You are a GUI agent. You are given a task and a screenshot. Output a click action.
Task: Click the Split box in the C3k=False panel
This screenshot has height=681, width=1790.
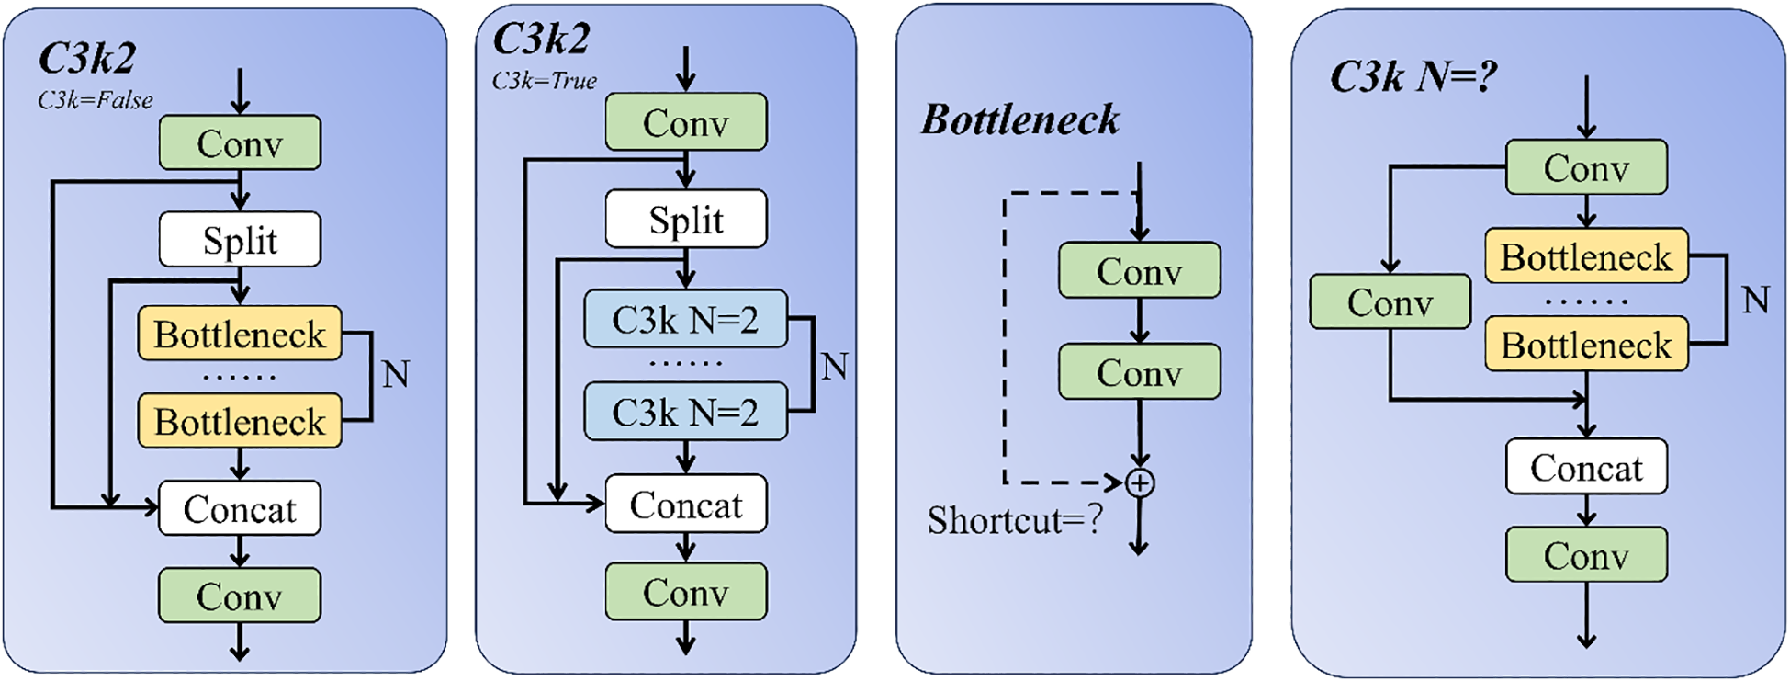240,240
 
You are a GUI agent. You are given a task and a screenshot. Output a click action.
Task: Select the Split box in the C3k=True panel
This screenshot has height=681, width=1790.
686,220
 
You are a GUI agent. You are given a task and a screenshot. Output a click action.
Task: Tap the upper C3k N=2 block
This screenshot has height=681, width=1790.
685,320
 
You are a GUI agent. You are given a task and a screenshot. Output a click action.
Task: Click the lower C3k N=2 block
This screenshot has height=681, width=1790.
685,412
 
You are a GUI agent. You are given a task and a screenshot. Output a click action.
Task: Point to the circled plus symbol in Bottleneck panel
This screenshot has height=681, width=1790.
1140,482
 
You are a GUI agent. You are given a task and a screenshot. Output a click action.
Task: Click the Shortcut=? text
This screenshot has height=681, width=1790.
1014,520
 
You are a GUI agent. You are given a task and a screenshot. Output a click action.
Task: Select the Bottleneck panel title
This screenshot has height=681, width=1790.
1020,119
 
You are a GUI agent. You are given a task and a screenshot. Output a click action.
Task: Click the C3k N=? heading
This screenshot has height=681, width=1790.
1413,76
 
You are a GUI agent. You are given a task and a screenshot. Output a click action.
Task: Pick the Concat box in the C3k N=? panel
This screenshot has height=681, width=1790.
1586,467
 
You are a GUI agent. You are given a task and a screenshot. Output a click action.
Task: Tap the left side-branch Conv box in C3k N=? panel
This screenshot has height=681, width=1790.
1390,302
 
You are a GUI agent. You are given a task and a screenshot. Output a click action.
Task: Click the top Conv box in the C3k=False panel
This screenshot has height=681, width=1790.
240,143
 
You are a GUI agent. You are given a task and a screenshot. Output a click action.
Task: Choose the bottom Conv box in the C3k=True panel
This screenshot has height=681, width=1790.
686,592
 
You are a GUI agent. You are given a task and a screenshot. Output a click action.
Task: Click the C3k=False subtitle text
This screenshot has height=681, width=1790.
95,100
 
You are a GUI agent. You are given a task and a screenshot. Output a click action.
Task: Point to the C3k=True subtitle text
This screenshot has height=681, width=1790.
545,81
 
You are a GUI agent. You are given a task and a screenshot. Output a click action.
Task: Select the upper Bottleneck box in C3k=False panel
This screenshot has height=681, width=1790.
240,334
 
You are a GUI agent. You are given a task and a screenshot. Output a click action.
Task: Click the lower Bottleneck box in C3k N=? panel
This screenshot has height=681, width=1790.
1586,345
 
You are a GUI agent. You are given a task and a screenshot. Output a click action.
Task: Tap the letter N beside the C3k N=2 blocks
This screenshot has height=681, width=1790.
834,367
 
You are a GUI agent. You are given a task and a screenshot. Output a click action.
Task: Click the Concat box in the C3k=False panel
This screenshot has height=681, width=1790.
240,508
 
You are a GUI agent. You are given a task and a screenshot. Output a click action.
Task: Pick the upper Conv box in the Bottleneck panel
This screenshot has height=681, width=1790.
1139,271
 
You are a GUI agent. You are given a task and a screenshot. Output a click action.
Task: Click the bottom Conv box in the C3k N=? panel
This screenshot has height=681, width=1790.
1586,555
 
